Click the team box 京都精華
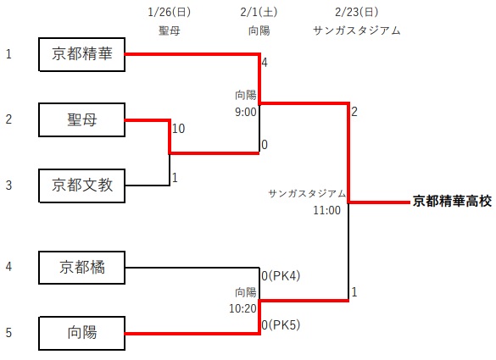coord(82,54)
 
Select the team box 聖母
coord(82,119)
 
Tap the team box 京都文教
coord(82,186)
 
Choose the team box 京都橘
coord(82,268)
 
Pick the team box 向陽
coord(82,333)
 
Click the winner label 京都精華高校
coord(453,202)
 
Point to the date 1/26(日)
coord(170,12)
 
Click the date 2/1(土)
coord(259,12)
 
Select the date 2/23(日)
coord(356,12)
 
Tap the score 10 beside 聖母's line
coord(178,128)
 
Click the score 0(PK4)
coord(281,276)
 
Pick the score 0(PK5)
coord(281,324)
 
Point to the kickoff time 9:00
coord(246,112)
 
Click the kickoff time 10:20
coord(242,308)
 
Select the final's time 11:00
coord(326,210)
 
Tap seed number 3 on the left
coord(8,186)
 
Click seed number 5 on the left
coord(8,333)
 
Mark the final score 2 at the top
coord(354,112)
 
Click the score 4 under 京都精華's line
coord(265,63)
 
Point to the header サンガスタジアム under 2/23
coord(356,30)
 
